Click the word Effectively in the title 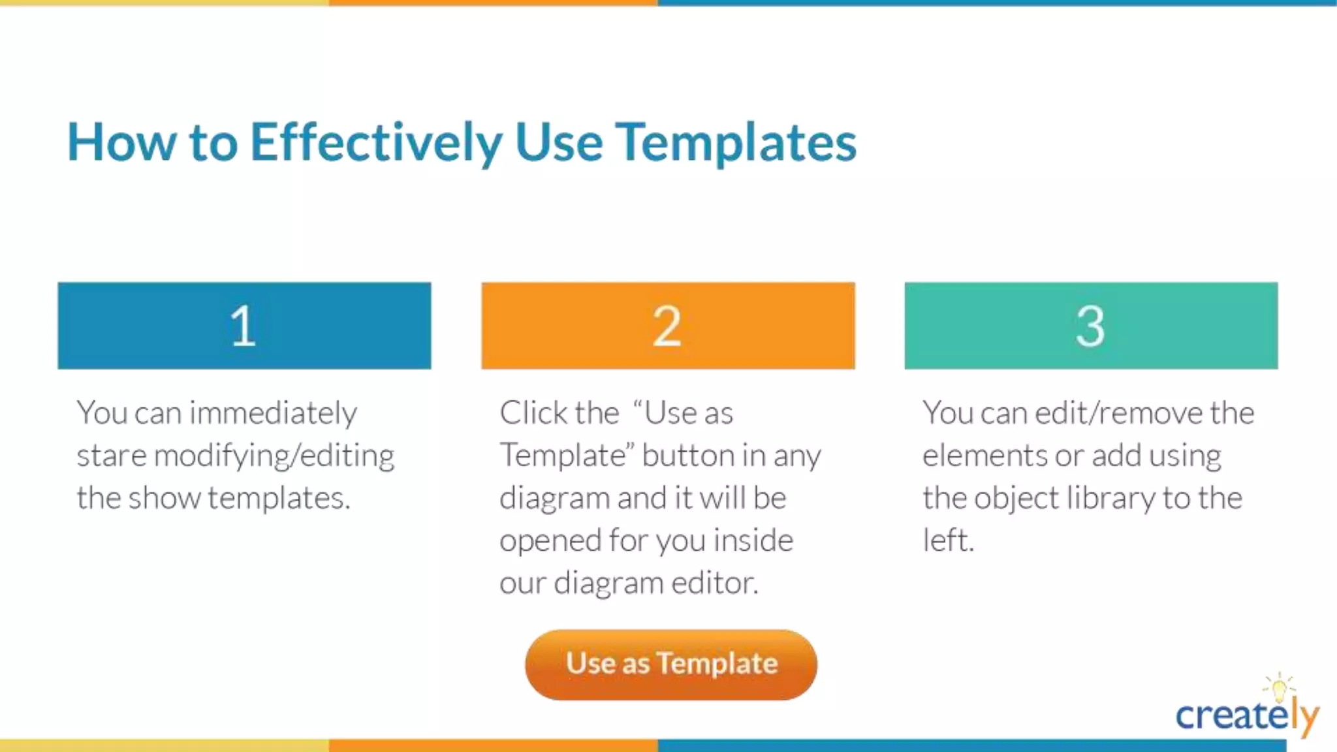(376, 142)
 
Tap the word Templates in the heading (736, 142)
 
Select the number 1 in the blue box (243, 326)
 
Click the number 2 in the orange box (667, 326)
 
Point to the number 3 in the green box (1090, 326)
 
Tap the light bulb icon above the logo (1279, 687)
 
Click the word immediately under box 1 (273, 413)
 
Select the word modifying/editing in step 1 (274, 456)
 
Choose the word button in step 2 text (682, 456)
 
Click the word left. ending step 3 (948, 540)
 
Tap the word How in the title (121, 142)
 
